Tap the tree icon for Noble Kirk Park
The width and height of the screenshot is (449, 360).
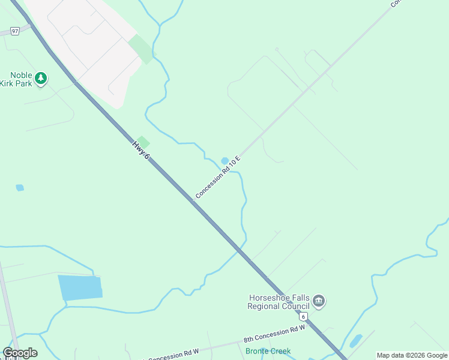[x=41, y=78]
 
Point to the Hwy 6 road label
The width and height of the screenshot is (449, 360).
[x=140, y=149]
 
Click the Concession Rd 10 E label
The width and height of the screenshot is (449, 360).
[x=217, y=177]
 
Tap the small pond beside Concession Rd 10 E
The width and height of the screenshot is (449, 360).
[x=225, y=161]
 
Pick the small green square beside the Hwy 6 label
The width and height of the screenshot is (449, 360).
[x=143, y=142]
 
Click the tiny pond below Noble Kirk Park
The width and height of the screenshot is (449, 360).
[x=20, y=188]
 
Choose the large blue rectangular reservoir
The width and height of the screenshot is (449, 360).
[x=80, y=287]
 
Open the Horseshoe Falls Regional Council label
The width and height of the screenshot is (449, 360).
[x=279, y=302]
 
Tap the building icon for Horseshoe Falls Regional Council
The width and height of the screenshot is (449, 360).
[x=319, y=301]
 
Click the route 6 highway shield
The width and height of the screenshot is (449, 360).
[x=304, y=316]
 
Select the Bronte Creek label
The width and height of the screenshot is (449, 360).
[x=268, y=351]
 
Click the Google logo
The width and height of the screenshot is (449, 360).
[x=20, y=353]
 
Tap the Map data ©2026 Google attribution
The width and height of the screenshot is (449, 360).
[x=412, y=355]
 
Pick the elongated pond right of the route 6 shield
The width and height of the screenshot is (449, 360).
[x=356, y=341]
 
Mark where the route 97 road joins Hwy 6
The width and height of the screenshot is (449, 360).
[x=34, y=25]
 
